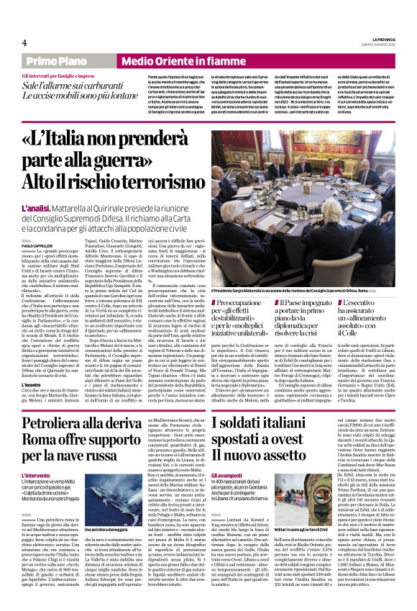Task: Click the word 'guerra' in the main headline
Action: pyautogui.click(x=145, y=159)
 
